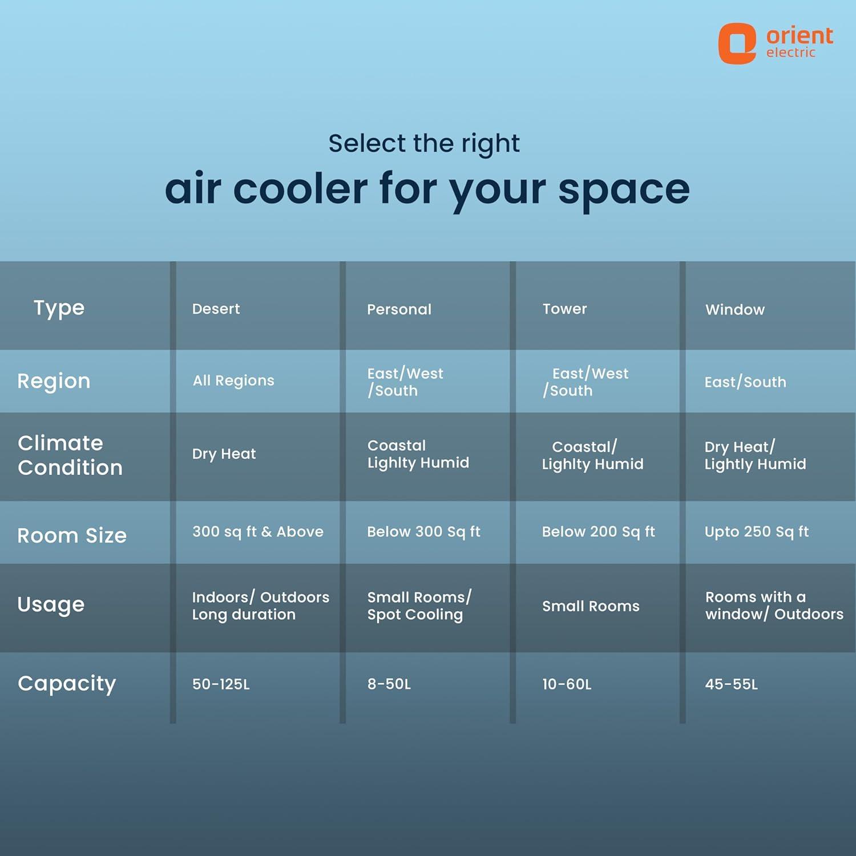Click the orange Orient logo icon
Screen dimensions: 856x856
pyautogui.click(x=737, y=43)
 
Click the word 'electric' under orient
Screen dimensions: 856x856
pyautogui.click(x=791, y=53)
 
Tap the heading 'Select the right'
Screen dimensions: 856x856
pyautogui.click(x=424, y=144)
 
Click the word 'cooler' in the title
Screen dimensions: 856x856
pyautogui.click(x=300, y=188)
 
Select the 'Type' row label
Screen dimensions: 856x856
pyautogui.click(x=59, y=309)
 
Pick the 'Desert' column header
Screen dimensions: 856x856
pyautogui.click(x=216, y=309)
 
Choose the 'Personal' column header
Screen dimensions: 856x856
pyautogui.click(x=399, y=309)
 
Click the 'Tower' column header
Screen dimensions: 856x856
pyautogui.click(x=564, y=309)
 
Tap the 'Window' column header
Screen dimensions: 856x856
pyautogui.click(x=735, y=309)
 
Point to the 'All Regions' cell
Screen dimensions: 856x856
pyautogui.click(x=233, y=381)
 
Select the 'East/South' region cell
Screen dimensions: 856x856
pyautogui.click(x=745, y=382)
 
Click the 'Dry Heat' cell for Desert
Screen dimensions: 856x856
pyautogui.click(x=224, y=454)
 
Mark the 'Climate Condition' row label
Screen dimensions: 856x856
pyautogui.click(x=70, y=455)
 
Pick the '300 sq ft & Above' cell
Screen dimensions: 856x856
pyautogui.click(x=258, y=532)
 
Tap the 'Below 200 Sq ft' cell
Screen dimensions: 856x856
pyautogui.click(x=598, y=532)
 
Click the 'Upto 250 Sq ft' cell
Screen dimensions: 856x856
pyautogui.click(x=757, y=532)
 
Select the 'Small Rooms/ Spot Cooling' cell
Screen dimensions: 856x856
pyautogui.click(x=419, y=605)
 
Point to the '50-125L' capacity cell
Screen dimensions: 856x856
pyautogui.click(x=221, y=684)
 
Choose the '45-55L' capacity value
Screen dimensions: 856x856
pyautogui.click(x=731, y=684)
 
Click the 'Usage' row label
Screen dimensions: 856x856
pyautogui.click(x=51, y=604)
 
